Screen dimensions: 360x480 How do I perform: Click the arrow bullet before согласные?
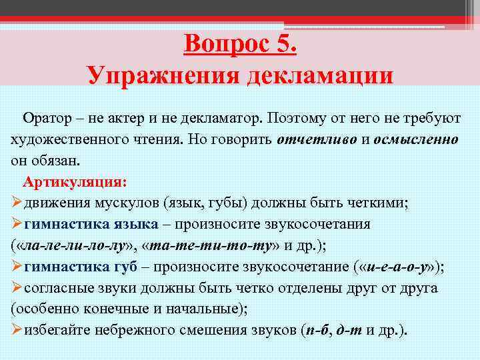17,288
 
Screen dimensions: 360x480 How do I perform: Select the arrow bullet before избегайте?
17,331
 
